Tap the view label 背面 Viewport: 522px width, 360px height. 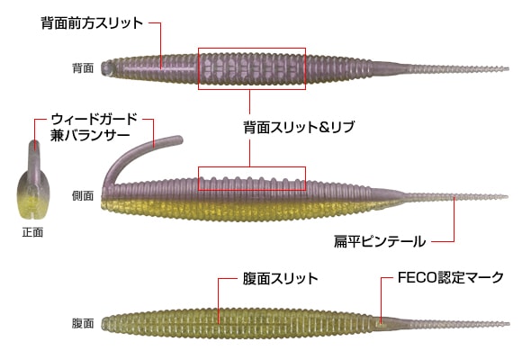83,67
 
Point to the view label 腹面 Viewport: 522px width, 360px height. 83,322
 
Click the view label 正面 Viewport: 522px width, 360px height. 32,232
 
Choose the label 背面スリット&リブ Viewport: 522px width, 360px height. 299,127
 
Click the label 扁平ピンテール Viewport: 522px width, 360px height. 377,240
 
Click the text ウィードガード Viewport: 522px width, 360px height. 94,118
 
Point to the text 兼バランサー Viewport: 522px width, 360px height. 88,135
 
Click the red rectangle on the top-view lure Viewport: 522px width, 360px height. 252,67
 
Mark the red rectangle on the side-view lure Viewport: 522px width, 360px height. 252,178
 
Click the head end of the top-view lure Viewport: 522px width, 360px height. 106,67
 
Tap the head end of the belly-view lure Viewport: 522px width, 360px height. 106,322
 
